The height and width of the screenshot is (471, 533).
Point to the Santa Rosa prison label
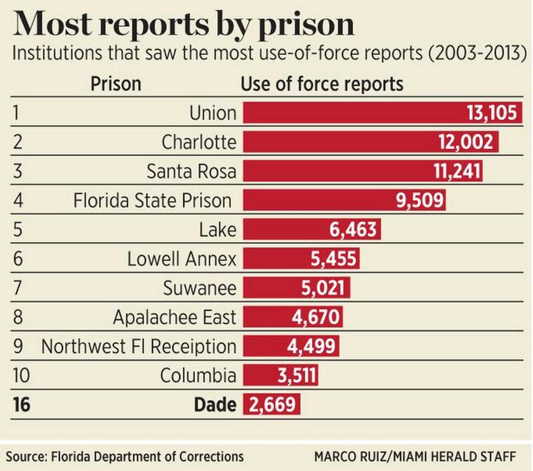192,171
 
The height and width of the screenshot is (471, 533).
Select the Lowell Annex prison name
182,259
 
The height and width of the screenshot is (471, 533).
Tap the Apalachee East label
174,317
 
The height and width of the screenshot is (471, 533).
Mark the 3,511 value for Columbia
296,375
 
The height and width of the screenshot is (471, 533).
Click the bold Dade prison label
215,404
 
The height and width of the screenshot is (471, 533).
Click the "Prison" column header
115,84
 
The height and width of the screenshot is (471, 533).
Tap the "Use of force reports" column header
322,84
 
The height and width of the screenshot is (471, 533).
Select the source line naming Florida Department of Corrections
125,457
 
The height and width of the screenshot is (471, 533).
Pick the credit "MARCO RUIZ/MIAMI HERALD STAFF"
415,457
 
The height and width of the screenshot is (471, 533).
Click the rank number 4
17,201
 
